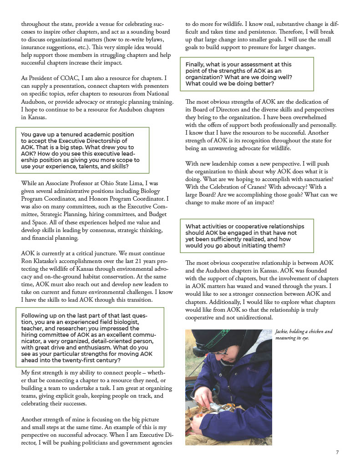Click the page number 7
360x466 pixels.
tap(337, 452)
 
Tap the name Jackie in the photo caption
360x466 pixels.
tap(283, 332)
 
